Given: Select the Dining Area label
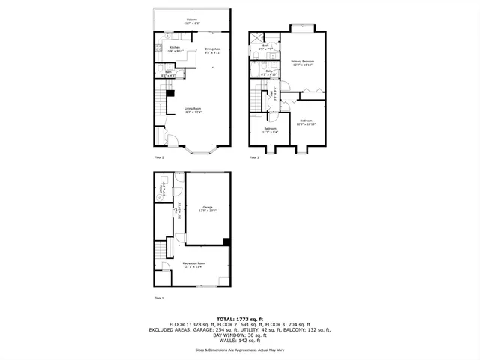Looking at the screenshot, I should (213, 51).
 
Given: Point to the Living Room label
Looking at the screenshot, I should (193, 110).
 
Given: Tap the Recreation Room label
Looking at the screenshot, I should (193, 265).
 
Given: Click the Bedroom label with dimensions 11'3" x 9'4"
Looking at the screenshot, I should (270, 130).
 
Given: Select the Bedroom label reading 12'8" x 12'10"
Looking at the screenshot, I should (306, 122).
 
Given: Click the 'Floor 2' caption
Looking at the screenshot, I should (159, 157).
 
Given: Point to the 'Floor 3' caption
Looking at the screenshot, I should (254, 157).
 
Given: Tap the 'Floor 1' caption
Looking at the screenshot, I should (159, 298).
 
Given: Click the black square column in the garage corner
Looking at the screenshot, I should (226, 241).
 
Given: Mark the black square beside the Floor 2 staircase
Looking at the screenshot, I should (169, 93).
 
